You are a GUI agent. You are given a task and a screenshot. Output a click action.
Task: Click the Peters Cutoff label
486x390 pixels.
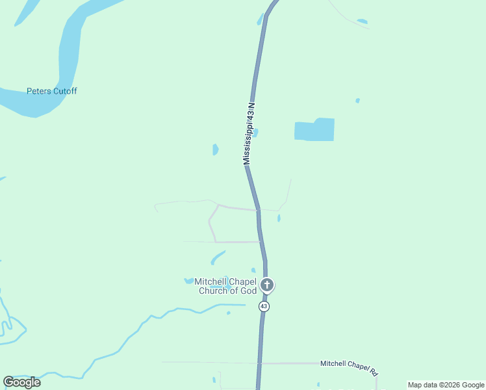(x=51, y=91)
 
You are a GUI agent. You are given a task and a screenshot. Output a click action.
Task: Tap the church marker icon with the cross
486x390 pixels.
(x=266, y=285)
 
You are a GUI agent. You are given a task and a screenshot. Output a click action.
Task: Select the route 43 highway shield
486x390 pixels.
(x=264, y=305)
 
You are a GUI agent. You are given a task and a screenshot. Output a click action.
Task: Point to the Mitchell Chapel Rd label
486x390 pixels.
(x=348, y=367)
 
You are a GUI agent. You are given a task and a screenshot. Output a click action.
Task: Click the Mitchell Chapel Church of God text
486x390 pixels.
(x=226, y=286)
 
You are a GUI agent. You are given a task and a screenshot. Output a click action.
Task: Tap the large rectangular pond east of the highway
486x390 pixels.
(x=315, y=130)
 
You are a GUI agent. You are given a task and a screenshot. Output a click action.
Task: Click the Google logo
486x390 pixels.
(x=22, y=382)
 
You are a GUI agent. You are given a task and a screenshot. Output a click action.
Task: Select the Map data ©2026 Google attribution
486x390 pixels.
(x=446, y=385)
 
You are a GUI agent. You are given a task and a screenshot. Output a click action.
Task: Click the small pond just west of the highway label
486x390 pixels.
(x=215, y=149)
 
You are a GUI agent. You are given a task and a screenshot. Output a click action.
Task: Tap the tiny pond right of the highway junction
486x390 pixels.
(x=279, y=218)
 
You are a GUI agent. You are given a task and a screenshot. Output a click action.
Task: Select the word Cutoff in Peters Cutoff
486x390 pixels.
(x=64, y=91)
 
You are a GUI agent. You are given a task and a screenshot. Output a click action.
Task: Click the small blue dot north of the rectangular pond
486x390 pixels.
(x=357, y=101)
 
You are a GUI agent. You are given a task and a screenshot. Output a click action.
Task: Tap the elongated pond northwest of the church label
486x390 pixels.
(x=218, y=257)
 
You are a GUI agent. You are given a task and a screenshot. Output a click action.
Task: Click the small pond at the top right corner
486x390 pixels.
(x=362, y=21)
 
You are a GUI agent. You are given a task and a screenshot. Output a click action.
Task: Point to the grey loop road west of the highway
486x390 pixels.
(x=212, y=224)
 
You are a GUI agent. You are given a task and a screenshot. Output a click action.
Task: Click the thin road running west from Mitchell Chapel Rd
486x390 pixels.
(x=208, y=362)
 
